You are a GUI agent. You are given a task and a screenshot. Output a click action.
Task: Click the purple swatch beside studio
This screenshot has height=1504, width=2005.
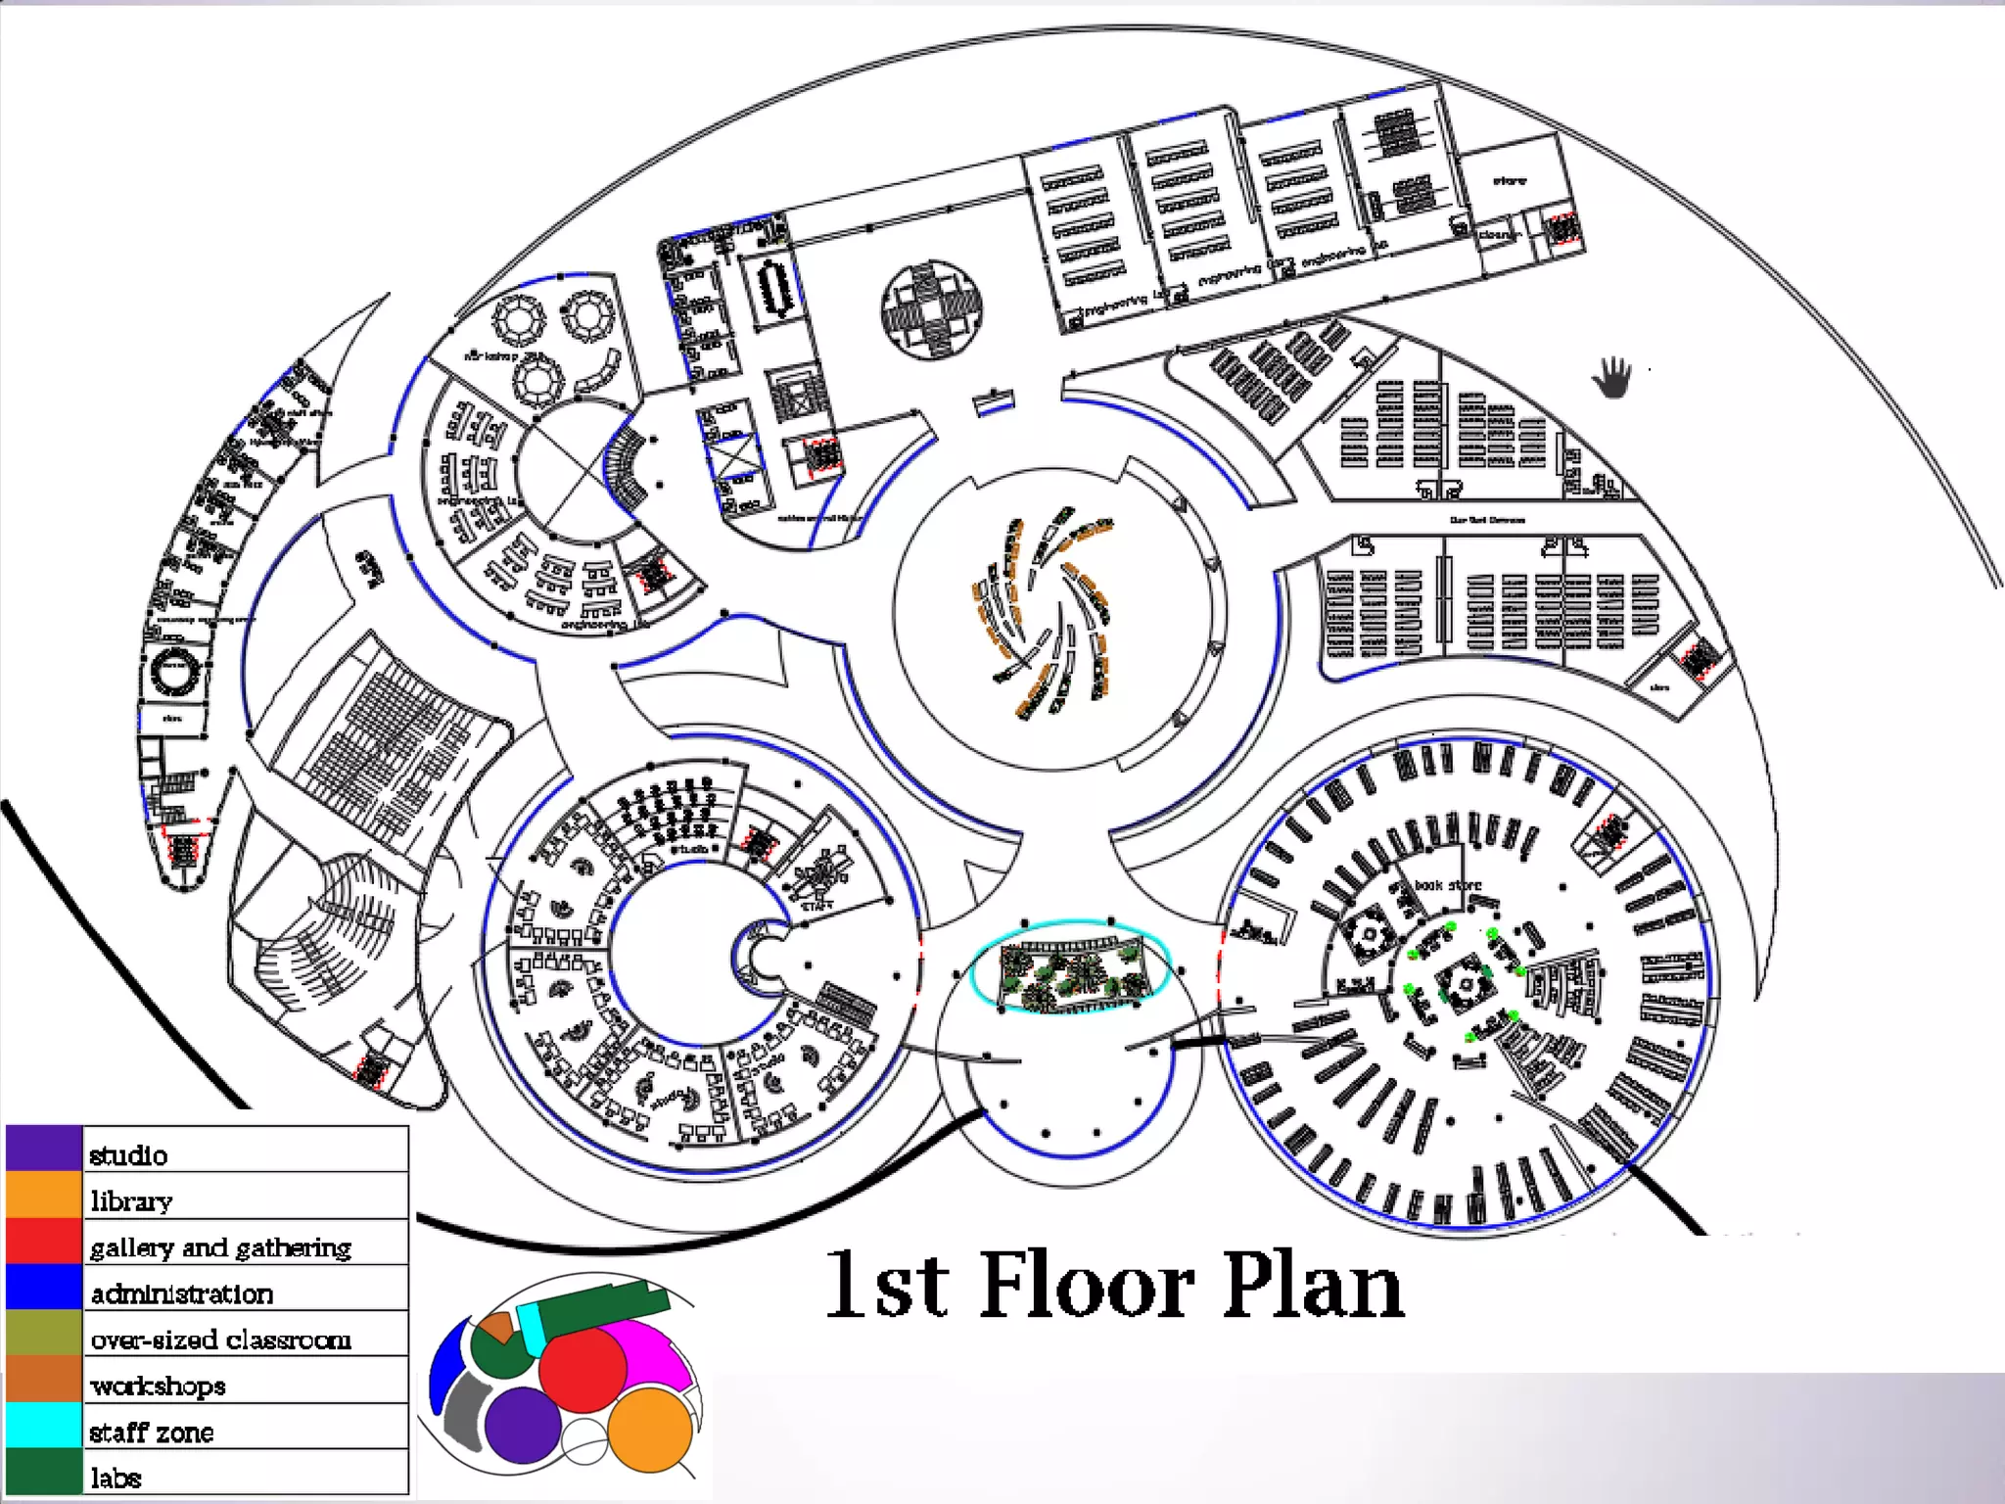43,1149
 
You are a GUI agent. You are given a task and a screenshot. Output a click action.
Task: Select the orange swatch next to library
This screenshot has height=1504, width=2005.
43,1195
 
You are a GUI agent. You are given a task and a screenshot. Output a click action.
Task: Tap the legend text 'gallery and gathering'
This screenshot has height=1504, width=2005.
220,1247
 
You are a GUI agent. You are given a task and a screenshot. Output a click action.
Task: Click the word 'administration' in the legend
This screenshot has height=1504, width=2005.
182,1293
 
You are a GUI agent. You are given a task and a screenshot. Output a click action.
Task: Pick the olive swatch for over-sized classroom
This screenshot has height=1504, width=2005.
43,1333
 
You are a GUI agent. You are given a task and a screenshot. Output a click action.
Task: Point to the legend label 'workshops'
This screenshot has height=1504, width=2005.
158,1386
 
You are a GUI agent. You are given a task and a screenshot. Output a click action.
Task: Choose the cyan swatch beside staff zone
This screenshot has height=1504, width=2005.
43,1426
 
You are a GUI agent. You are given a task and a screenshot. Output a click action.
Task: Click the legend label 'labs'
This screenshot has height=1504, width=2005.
117,1478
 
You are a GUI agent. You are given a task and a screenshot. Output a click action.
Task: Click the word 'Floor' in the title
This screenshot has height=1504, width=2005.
1087,1285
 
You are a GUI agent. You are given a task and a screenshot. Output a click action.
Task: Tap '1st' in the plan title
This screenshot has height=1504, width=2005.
887,1285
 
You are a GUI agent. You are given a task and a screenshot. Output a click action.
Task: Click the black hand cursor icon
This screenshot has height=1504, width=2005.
1612,378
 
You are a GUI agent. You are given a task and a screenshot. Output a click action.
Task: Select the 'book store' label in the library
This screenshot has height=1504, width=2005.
1448,884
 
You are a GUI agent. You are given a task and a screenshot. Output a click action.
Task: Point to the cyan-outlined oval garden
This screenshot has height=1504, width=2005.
1070,967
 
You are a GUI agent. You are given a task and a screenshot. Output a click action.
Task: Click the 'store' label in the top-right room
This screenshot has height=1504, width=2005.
1509,181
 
